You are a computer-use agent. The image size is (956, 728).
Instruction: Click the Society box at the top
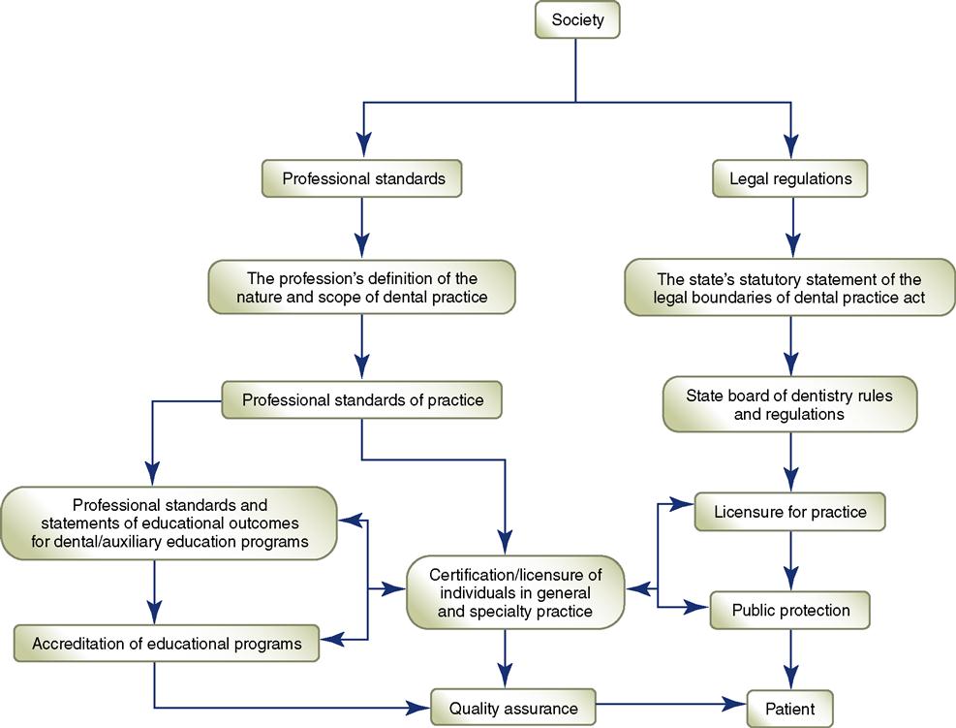[x=577, y=20]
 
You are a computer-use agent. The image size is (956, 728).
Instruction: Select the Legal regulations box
[x=790, y=178]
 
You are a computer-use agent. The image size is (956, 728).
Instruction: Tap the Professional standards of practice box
[x=362, y=399]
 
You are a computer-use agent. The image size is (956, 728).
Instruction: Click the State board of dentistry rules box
[x=789, y=404]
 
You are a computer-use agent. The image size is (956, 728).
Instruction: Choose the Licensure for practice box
[x=789, y=512]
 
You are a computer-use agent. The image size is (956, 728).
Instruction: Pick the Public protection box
[x=789, y=611]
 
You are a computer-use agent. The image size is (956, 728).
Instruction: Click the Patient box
[x=789, y=709]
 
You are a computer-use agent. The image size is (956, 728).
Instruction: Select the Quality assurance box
[x=512, y=709]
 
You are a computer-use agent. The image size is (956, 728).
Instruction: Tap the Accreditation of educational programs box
[x=166, y=643]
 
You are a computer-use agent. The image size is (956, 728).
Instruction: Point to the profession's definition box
[x=361, y=287]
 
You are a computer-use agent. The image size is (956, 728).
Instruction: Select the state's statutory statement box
[x=790, y=287]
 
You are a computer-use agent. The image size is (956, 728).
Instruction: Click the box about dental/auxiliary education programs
[x=170, y=523]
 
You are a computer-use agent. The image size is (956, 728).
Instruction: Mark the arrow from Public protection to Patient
[x=792, y=659]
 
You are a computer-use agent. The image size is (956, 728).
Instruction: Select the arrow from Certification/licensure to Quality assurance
[x=505, y=659]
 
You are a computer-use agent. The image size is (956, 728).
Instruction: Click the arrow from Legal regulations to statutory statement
[x=792, y=228]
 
